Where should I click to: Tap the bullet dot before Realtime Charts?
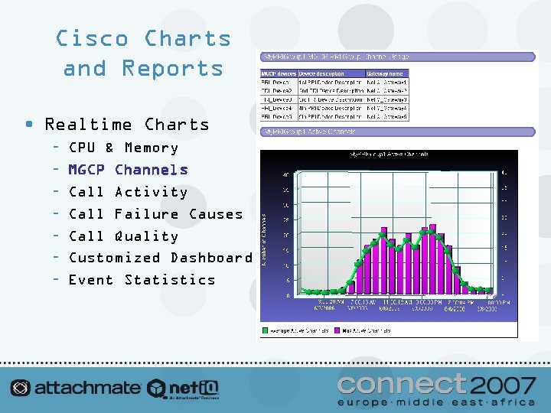pyautogui.click(x=28, y=124)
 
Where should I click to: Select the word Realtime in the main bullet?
pyautogui.click(x=89, y=124)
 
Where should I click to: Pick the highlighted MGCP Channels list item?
pyautogui.click(x=128, y=170)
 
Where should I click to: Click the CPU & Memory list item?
pyautogui.click(x=123, y=148)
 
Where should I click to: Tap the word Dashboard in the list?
pyautogui.click(x=211, y=258)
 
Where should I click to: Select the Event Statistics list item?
pyautogui.click(x=142, y=280)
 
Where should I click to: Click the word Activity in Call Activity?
pyautogui.click(x=151, y=192)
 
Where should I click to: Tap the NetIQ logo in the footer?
pyautogui.click(x=184, y=388)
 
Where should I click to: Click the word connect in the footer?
pyautogui.click(x=402, y=383)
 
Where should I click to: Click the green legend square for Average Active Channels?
pyautogui.click(x=266, y=330)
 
